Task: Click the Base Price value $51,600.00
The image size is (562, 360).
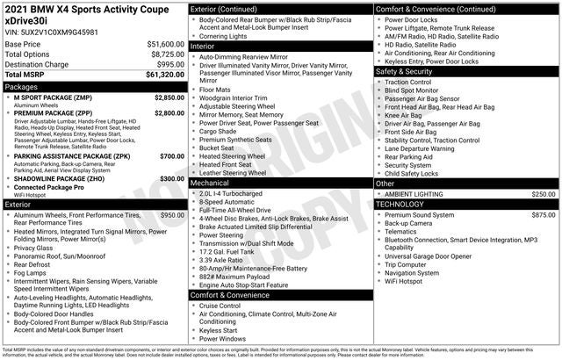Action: [x=161, y=42]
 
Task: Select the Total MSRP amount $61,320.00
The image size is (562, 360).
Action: [x=159, y=76]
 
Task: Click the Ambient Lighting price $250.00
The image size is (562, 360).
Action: [x=544, y=193]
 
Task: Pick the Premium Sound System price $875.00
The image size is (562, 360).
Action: [x=544, y=214]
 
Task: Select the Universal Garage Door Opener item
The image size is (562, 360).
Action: [x=436, y=256]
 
